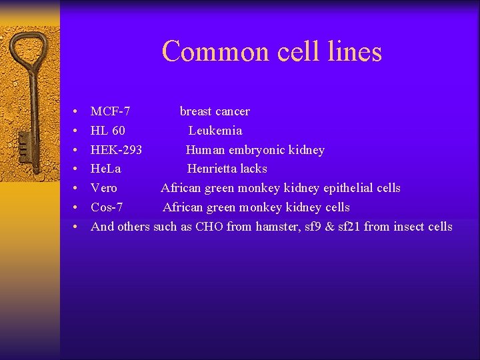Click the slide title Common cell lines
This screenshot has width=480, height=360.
(271, 51)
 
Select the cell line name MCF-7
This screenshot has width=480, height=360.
(111, 111)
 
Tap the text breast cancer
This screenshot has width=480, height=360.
(215, 111)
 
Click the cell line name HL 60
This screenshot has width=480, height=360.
(108, 131)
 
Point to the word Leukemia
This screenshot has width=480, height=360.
(215, 131)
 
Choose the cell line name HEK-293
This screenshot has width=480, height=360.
(116, 150)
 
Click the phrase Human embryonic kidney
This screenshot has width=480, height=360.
(255, 150)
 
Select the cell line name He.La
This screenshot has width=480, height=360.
(106, 169)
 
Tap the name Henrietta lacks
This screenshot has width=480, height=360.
(227, 169)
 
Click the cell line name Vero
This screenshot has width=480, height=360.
(104, 189)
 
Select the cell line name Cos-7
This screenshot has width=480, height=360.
(107, 207)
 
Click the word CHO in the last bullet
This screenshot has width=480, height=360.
(209, 227)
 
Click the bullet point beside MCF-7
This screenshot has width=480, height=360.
(76, 112)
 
